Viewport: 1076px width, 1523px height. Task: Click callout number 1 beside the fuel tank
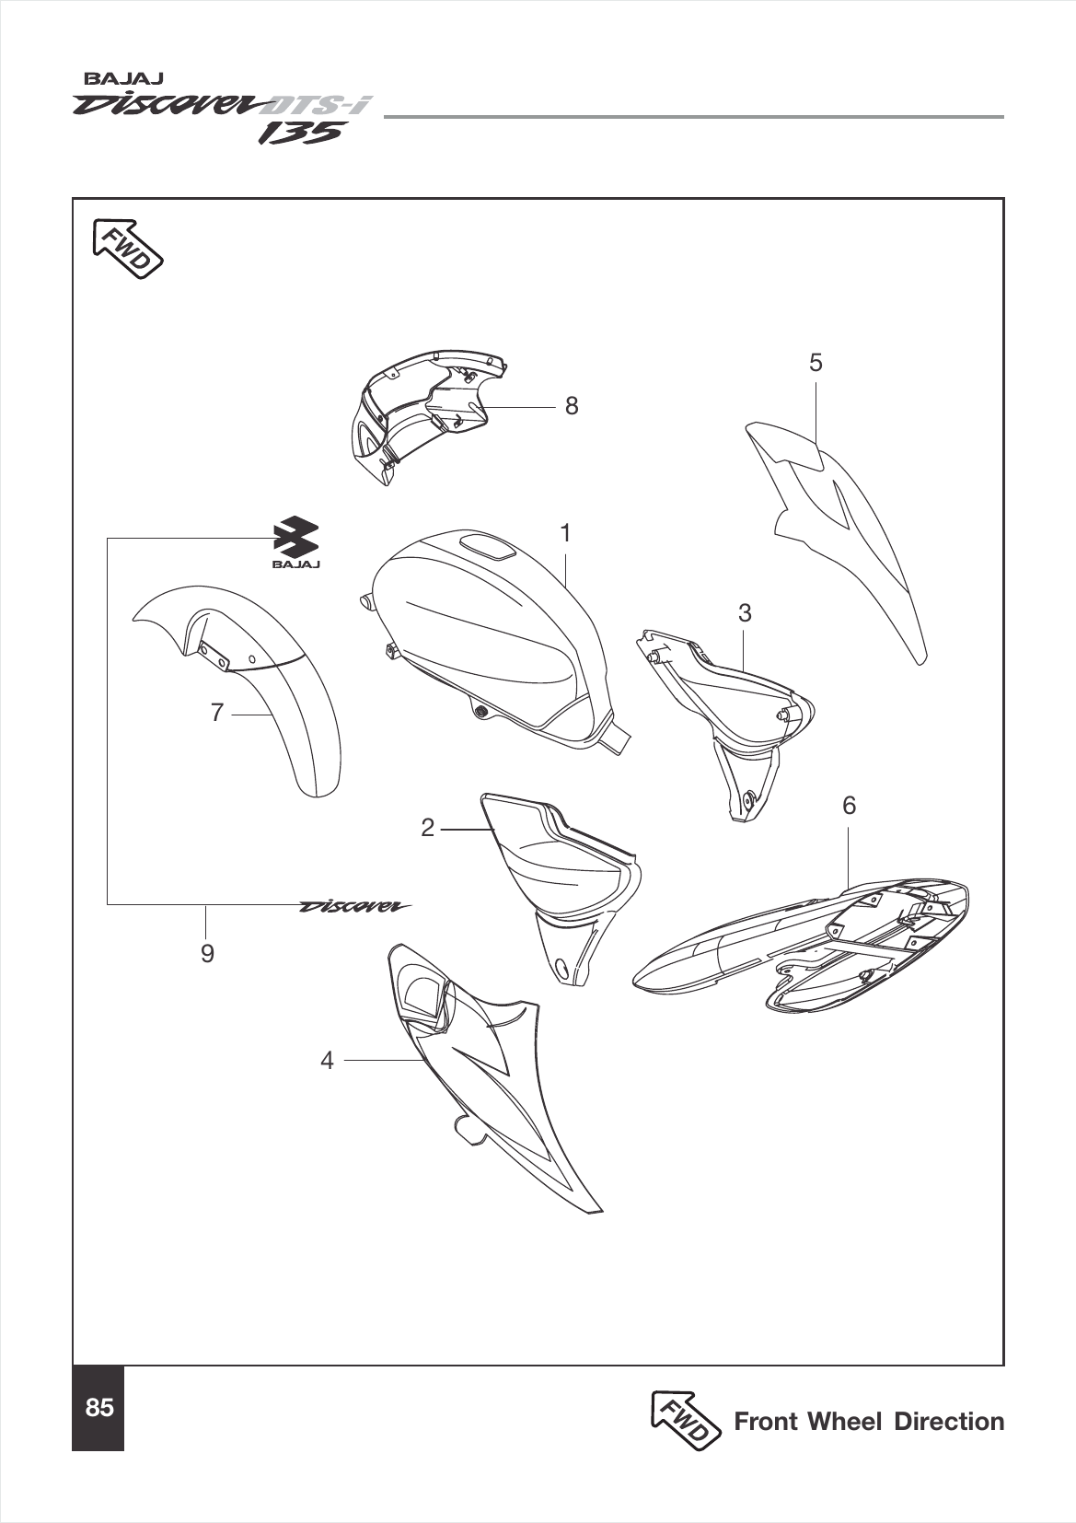pos(566,533)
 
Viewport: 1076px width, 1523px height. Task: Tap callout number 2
pos(427,828)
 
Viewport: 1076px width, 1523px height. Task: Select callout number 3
pos(745,612)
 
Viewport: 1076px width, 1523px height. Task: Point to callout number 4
pos(327,1061)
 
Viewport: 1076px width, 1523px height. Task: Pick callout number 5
pos(816,363)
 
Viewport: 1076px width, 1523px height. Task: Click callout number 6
pos(849,806)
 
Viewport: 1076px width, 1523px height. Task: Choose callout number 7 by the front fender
pos(217,713)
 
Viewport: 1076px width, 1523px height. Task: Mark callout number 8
pos(572,405)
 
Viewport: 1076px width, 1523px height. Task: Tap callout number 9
pos(207,954)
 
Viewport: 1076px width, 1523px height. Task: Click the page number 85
pos(98,1408)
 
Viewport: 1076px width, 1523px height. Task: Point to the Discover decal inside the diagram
pos(355,906)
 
